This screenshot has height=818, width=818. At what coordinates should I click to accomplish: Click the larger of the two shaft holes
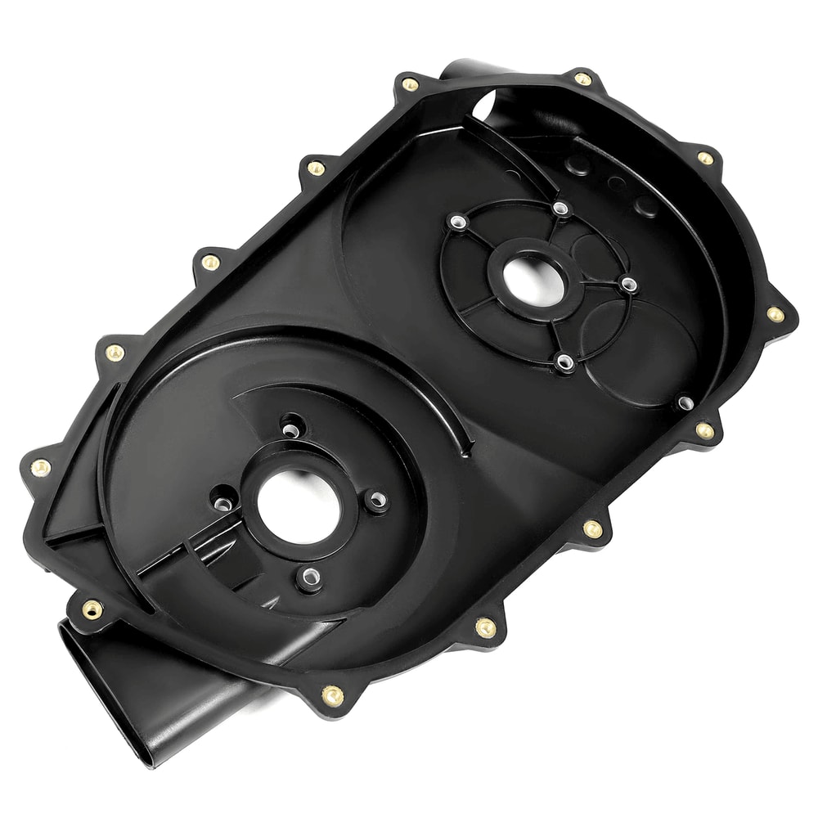298,508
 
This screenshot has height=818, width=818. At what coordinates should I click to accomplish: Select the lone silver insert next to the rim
685,402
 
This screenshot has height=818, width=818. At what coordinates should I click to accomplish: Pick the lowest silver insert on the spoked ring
564,360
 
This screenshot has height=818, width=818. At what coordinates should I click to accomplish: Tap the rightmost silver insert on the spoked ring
627,284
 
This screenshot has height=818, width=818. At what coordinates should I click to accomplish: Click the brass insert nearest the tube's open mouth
92,609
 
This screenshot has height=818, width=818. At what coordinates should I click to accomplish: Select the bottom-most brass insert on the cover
332,696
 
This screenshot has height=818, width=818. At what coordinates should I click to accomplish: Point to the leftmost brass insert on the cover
39,467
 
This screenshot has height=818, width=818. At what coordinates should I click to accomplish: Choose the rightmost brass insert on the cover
774,314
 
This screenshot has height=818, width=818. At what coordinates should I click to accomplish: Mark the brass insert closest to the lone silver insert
703,429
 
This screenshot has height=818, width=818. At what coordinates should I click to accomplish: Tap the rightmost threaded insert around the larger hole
376,500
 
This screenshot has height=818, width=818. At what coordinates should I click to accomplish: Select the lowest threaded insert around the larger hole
309,578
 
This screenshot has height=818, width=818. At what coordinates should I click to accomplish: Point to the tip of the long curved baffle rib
470,448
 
